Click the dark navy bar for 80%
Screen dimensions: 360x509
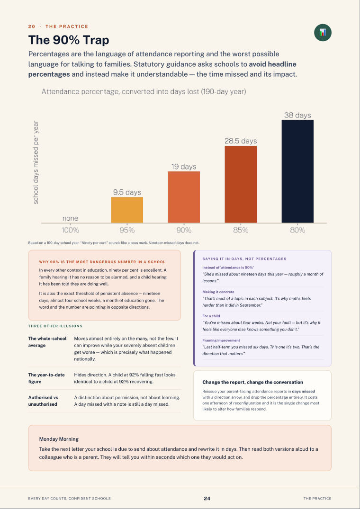click(x=297, y=171)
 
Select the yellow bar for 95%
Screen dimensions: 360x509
click(x=127, y=210)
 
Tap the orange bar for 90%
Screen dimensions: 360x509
click(x=184, y=197)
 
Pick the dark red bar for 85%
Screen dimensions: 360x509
click(x=241, y=184)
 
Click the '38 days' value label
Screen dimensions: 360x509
click(x=297, y=115)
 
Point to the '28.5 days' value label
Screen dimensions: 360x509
click(x=241, y=141)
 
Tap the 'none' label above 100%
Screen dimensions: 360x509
click(x=70, y=219)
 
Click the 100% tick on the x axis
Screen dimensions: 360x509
click(x=71, y=230)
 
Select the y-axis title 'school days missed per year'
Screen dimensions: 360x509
click(x=36, y=162)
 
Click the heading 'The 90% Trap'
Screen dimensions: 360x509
click(x=69, y=40)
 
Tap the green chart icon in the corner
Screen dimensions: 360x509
click(x=323, y=33)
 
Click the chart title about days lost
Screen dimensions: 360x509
click(x=144, y=92)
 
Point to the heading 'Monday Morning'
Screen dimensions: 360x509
click(x=59, y=439)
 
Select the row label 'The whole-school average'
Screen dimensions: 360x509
click(x=47, y=342)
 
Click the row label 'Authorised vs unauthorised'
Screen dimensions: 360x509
click(x=43, y=401)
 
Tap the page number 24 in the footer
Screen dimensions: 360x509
click(x=207, y=498)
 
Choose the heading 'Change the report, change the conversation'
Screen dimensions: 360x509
click(x=253, y=382)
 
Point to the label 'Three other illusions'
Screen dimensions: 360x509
click(x=55, y=326)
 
